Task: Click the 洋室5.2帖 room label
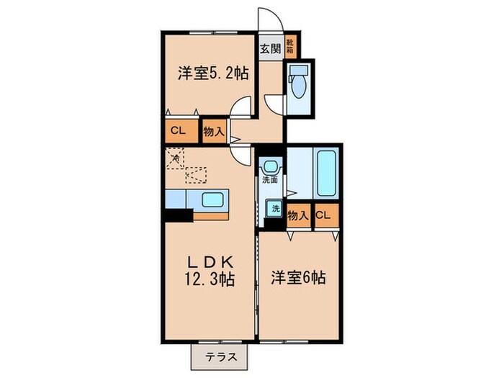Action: pos(208,73)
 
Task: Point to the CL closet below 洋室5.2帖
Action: pos(178,131)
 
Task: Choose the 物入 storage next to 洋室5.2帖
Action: pos(213,131)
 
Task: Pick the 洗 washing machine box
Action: pos(274,210)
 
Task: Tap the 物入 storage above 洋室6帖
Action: pos(297,215)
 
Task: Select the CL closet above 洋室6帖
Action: pos(322,215)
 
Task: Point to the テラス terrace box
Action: pos(220,356)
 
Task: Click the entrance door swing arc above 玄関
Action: pos(268,20)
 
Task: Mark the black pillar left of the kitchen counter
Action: pos(175,214)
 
